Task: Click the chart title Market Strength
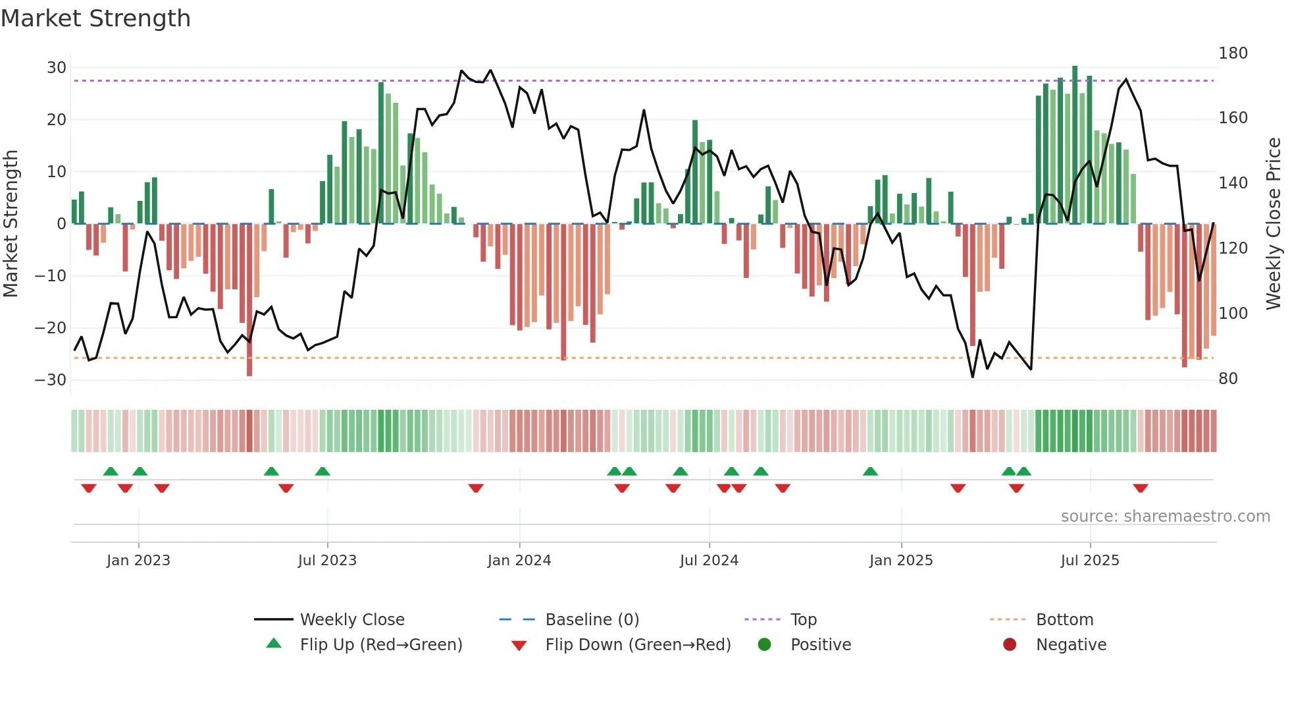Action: point(95,18)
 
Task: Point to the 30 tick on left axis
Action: point(57,68)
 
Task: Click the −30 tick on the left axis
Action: point(51,380)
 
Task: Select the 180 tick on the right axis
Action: point(1233,53)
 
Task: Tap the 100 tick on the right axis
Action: point(1233,314)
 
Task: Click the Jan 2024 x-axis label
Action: point(519,561)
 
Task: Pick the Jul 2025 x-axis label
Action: point(1089,561)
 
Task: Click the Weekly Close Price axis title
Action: point(1274,224)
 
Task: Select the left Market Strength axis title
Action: point(11,224)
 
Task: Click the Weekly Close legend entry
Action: point(351,620)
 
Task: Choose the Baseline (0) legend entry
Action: point(592,620)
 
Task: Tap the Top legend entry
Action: point(803,620)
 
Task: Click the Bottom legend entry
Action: point(1064,620)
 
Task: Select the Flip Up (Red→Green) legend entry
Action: point(380,645)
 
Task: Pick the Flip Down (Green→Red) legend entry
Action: point(638,645)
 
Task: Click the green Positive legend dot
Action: point(764,645)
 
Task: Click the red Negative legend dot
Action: point(1010,645)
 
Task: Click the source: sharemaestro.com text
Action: point(1165,517)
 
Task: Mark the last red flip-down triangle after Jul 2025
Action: point(1141,488)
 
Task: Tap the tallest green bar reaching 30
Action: point(1075,145)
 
